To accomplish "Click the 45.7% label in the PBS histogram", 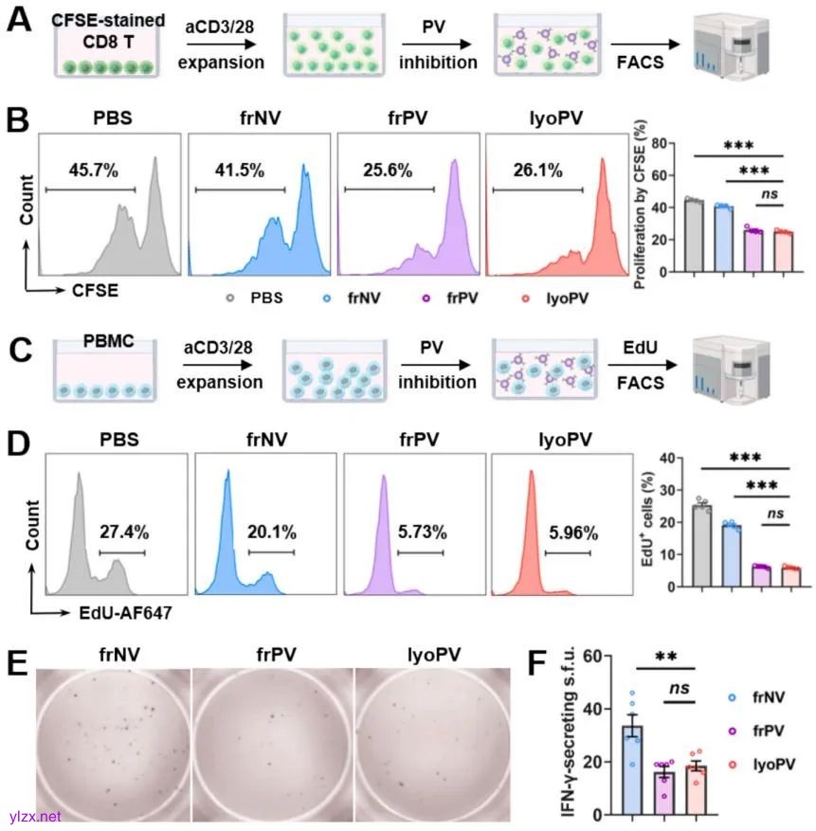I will [x=93, y=171].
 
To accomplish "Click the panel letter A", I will [x=19, y=21].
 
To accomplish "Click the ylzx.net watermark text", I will [x=32, y=816].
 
